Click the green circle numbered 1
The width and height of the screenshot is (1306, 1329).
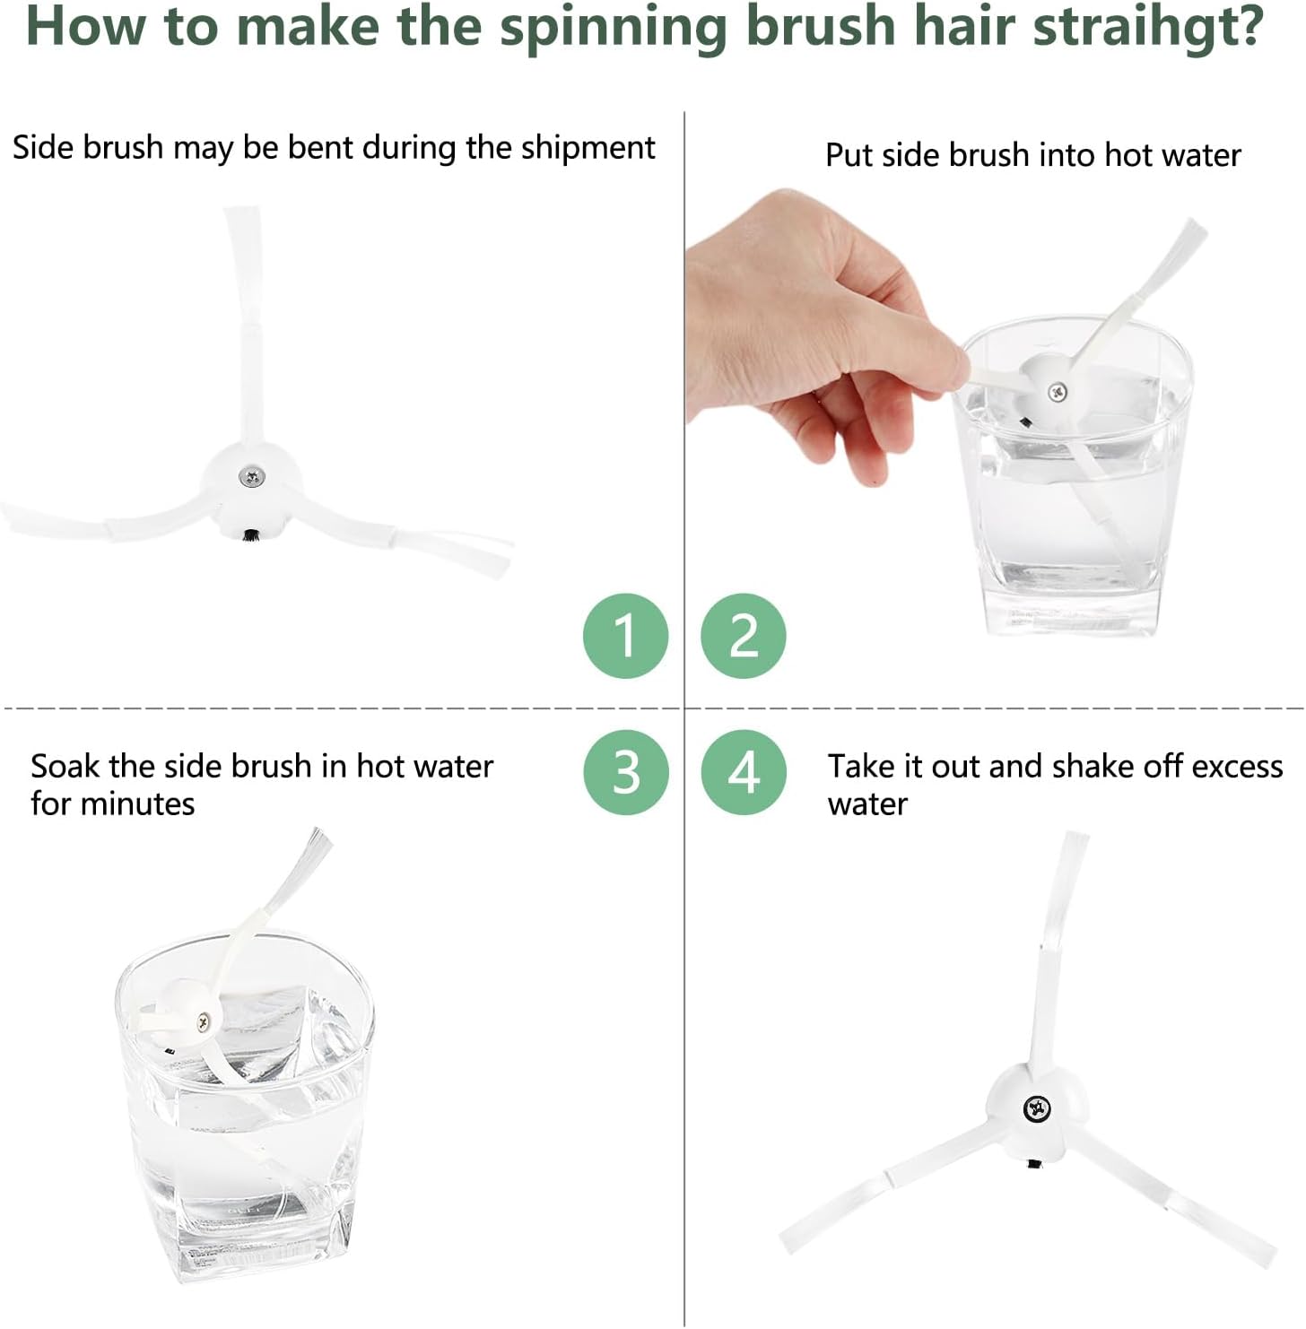pyautogui.click(x=626, y=636)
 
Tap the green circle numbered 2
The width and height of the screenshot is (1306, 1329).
pyautogui.click(x=744, y=636)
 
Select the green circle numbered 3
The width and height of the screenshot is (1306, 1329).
pyautogui.click(x=626, y=772)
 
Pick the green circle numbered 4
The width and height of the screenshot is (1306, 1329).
pyautogui.click(x=744, y=772)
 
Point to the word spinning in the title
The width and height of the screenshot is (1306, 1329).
pyautogui.click(x=614, y=28)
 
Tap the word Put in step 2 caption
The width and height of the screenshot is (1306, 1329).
pyautogui.click(x=849, y=155)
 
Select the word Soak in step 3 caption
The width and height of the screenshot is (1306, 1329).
pyautogui.click(x=65, y=766)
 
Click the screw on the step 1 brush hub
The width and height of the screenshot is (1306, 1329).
pyautogui.click(x=252, y=476)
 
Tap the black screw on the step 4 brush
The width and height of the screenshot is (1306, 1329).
pyautogui.click(x=1037, y=1110)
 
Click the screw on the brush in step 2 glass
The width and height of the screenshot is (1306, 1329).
pyautogui.click(x=1058, y=393)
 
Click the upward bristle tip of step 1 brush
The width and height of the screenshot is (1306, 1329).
pyautogui.click(x=241, y=212)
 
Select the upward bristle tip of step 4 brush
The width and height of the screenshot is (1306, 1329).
pyautogui.click(x=1076, y=838)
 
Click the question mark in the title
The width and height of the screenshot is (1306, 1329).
pyautogui.click(x=1250, y=26)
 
